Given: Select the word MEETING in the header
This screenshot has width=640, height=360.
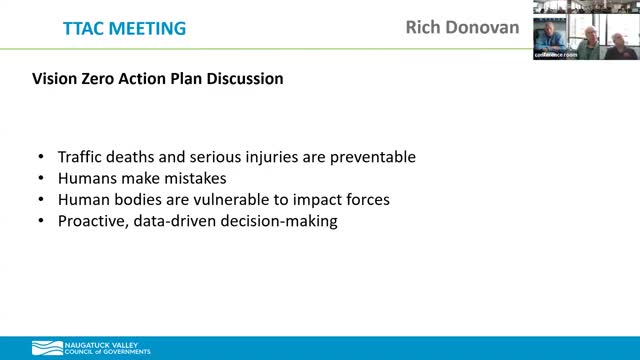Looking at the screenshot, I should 141,28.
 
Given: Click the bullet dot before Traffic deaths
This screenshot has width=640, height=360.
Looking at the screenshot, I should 39,158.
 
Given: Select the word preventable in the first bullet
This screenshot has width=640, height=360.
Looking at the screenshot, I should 369,158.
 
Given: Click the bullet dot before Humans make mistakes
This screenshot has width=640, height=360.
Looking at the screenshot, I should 39,179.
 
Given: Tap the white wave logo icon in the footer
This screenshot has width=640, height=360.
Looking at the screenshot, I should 44,348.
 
